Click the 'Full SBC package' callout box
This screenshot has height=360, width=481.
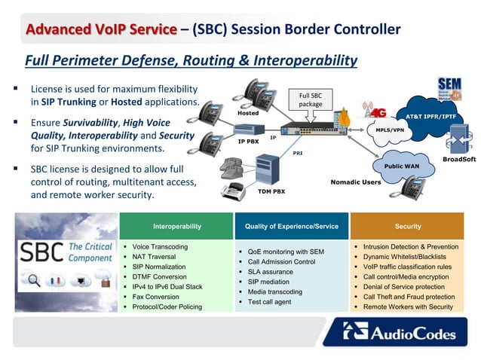[310, 99]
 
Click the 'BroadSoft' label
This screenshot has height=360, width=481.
[458, 160]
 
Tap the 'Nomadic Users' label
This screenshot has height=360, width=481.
[356, 182]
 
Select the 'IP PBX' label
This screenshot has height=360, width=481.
[248, 141]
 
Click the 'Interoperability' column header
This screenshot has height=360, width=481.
[177, 226]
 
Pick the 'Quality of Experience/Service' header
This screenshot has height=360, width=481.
[291, 226]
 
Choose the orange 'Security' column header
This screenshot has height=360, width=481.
[408, 226]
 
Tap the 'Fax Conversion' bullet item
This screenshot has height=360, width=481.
[155, 297]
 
